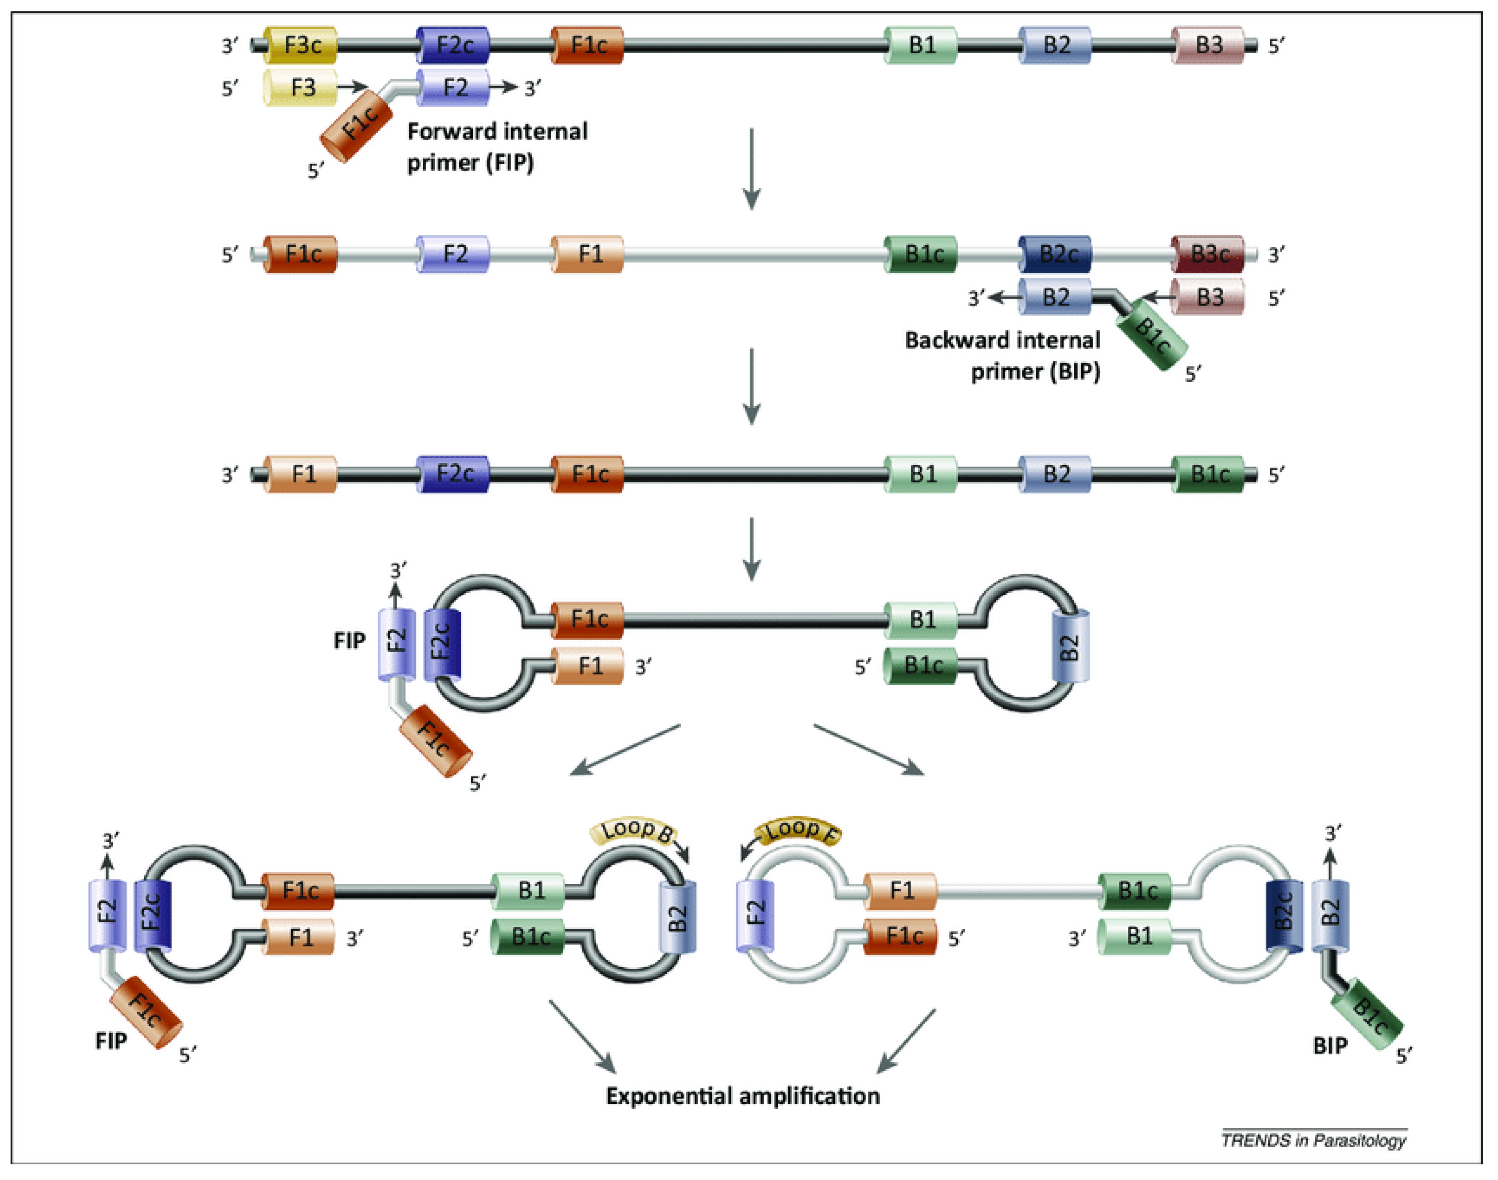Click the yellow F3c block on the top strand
pos(301,46)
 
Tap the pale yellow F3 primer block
pos(301,88)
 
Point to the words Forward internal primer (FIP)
pos(496,146)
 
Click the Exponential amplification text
pos(743,1096)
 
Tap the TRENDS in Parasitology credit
pos(1313,1140)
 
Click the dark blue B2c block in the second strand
pos(1057,254)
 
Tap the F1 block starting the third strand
pos(301,475)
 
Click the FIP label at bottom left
pos(111,1040)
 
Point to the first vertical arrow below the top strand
pos(752,168)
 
